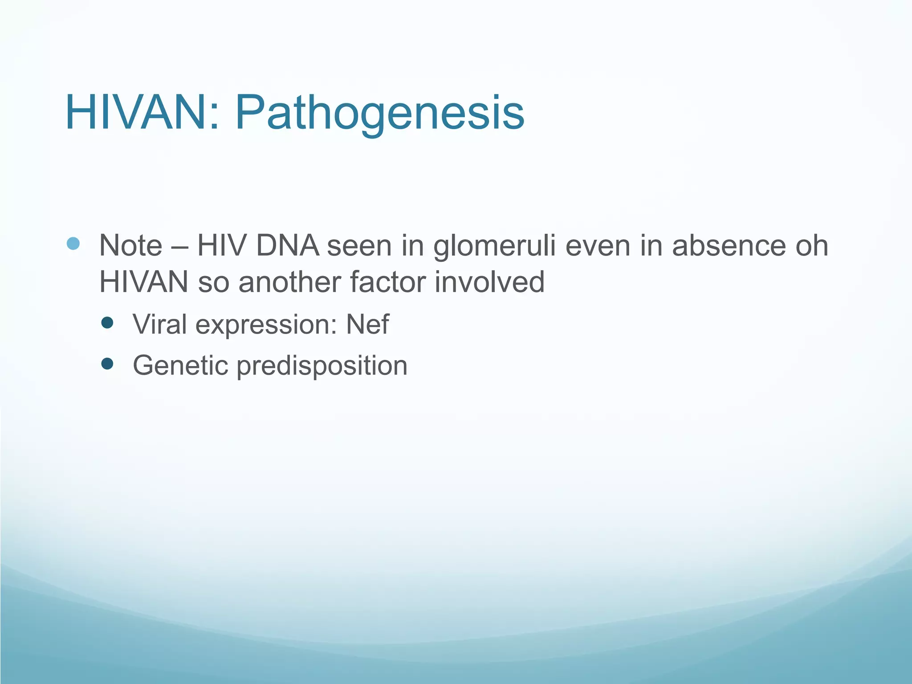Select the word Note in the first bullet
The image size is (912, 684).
[x=130, y=245]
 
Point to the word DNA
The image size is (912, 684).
[x=288, y=245]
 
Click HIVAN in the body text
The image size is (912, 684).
[x=143, y=282]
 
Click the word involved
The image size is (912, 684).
[x=489, y=282]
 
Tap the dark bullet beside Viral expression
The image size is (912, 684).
[x=107, y=322]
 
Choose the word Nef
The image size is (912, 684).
[x=367, y=324]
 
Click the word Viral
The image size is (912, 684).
[x=159, y=324]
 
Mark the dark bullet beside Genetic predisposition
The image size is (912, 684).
[x=107, y=364]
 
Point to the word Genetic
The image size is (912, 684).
[x=180, y=366]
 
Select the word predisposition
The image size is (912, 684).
[x=322, y=366]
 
